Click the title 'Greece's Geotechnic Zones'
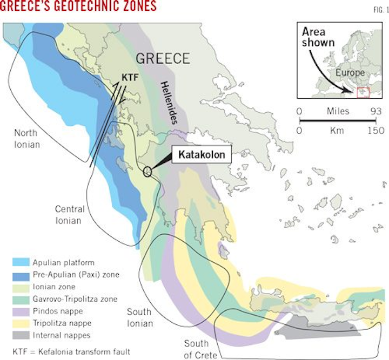(x=79, y=6)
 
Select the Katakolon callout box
(x=198, y=155)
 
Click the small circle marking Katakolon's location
(x=147, y=172)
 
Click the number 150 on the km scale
(x=375, y=131)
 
